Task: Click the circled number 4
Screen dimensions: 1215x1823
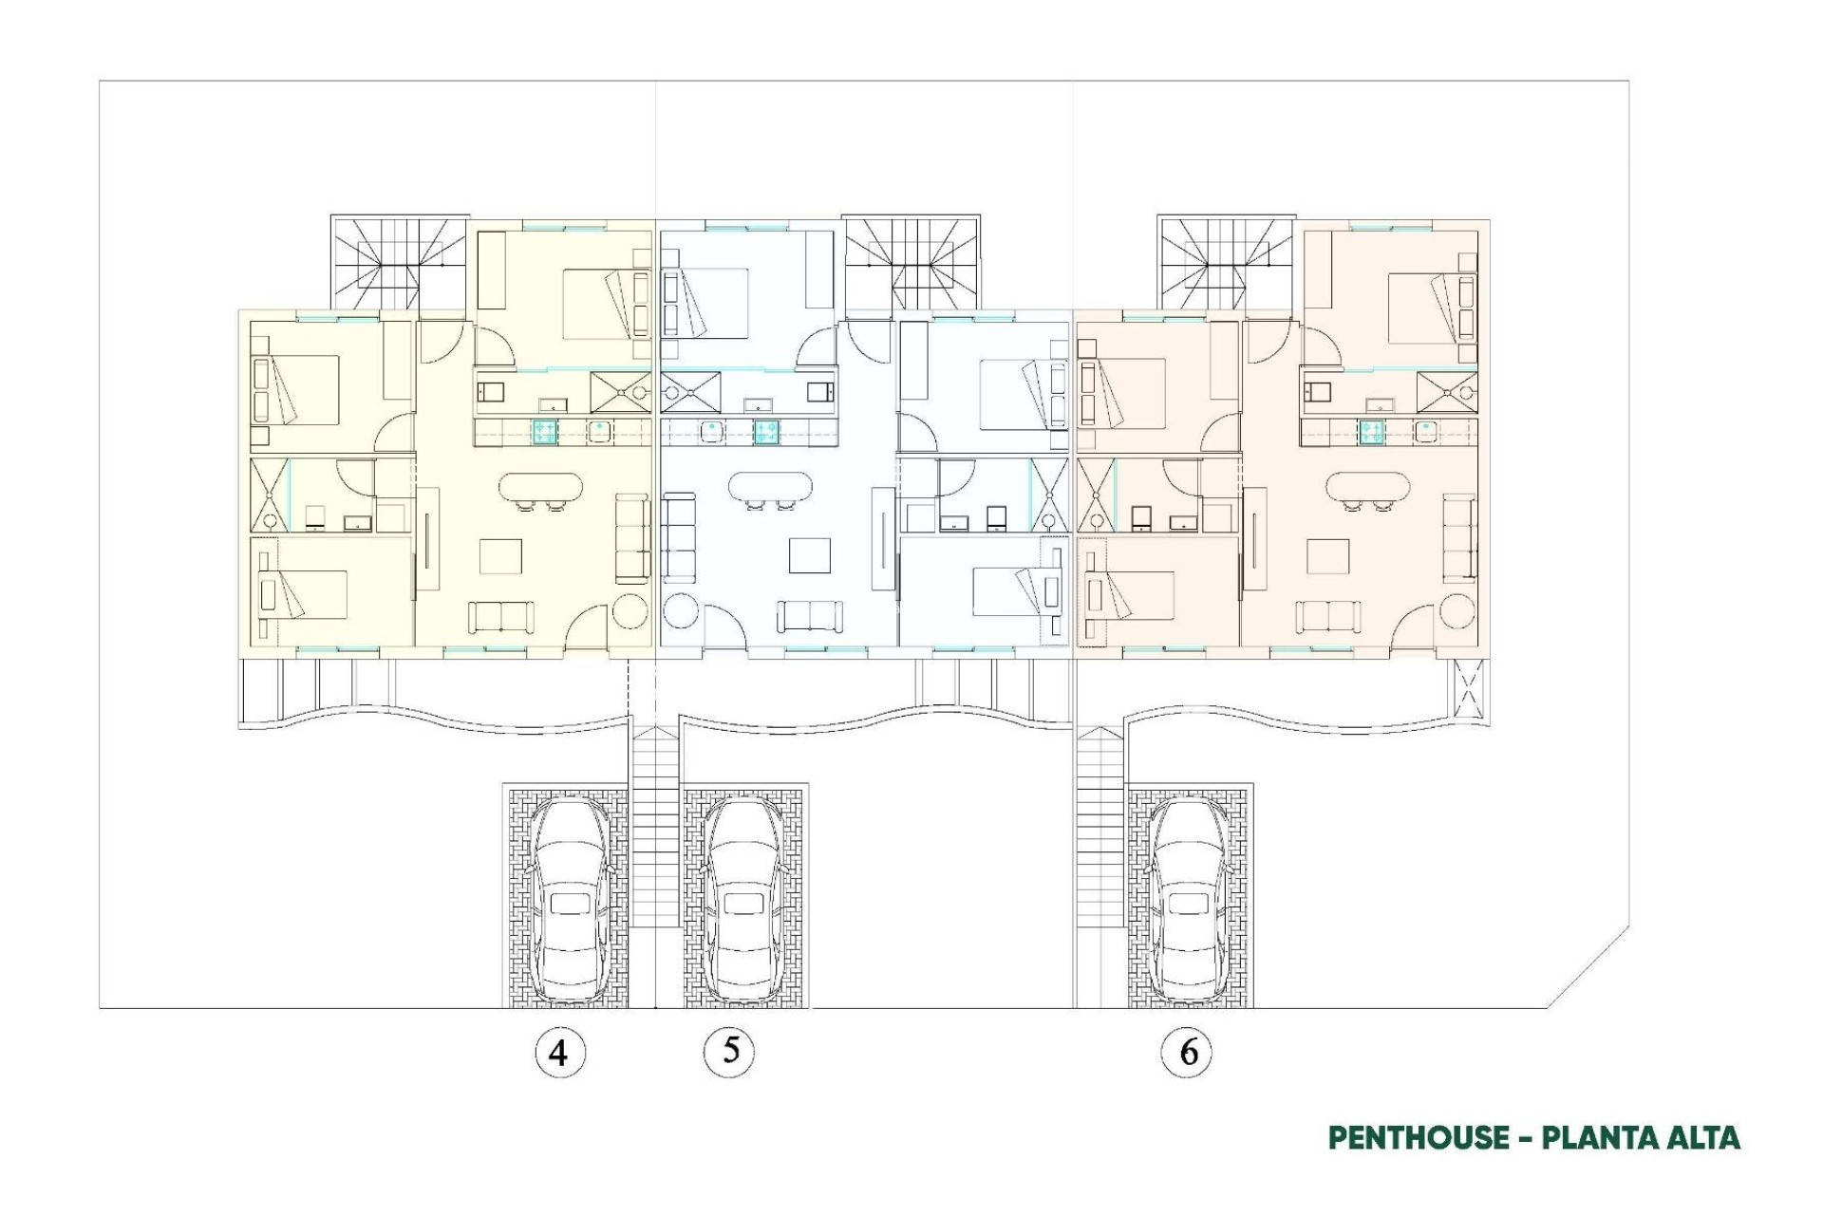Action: (x=559, y=1052)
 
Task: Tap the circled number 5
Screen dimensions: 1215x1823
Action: (x=729, y=1050)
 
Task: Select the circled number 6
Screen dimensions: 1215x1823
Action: (x=1187, y=1052)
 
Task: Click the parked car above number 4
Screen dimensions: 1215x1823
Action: (x=569, y=900)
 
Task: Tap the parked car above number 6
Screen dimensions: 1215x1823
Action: (x=1187, y=900)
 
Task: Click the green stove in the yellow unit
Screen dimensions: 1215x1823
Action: (x=544, y=432)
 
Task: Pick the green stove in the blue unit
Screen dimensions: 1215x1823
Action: (x=766, y=432)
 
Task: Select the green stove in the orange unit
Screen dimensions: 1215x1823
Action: (x=1370, y=432)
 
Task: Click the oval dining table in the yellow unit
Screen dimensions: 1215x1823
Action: (x=541, y=487)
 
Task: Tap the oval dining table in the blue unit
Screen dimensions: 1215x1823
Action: (x=770, y=487)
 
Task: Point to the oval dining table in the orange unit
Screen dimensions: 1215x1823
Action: (x=1367, y=487)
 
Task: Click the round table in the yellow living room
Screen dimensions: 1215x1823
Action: (x=630, y=610)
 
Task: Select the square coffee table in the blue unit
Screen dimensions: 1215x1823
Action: (x=810, y=555)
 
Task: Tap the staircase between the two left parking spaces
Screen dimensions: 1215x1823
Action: (x=655, y=826)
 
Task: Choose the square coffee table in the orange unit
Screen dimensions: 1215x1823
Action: (x=1327, y=556)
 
